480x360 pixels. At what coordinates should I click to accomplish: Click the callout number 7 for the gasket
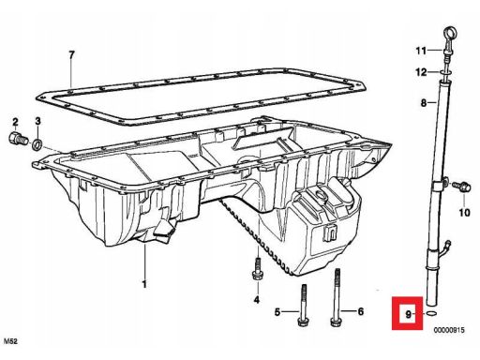point(72,55)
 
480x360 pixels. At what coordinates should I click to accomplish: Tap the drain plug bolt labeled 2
point(18,139)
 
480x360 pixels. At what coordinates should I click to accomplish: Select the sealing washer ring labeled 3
point(38,143)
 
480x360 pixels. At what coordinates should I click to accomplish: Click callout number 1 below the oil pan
point(144,284)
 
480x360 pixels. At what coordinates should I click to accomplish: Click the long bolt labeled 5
point(303,306)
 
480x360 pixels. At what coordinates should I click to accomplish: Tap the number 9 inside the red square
point(408,314)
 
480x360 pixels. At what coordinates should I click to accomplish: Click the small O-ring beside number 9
point(431,313)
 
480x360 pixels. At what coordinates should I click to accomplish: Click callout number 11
point(421,51)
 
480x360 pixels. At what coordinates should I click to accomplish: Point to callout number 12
point(421,72)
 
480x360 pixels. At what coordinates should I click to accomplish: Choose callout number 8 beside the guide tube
point(424,102)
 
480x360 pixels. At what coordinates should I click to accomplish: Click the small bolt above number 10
point(462,186)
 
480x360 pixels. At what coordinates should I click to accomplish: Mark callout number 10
point(464,213)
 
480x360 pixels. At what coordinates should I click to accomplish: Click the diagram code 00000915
point(449,330)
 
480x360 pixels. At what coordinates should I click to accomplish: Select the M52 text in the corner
point(10,341)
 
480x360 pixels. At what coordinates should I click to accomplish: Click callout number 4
point(257,300)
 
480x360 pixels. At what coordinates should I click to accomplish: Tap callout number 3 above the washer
point(37,121)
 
